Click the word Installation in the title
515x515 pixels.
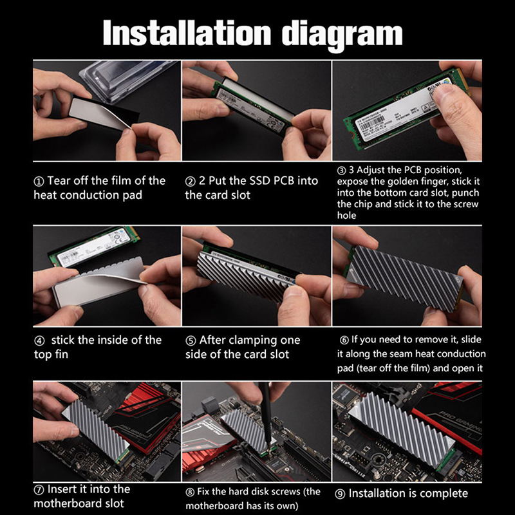point(187,33)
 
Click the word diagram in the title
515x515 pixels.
point(342,35)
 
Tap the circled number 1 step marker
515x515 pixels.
point(39,182)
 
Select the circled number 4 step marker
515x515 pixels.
point(39,341)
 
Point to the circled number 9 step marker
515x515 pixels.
point(340,494)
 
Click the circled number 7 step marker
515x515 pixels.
point(39,490)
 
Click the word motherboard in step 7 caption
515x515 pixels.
point(79,503)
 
